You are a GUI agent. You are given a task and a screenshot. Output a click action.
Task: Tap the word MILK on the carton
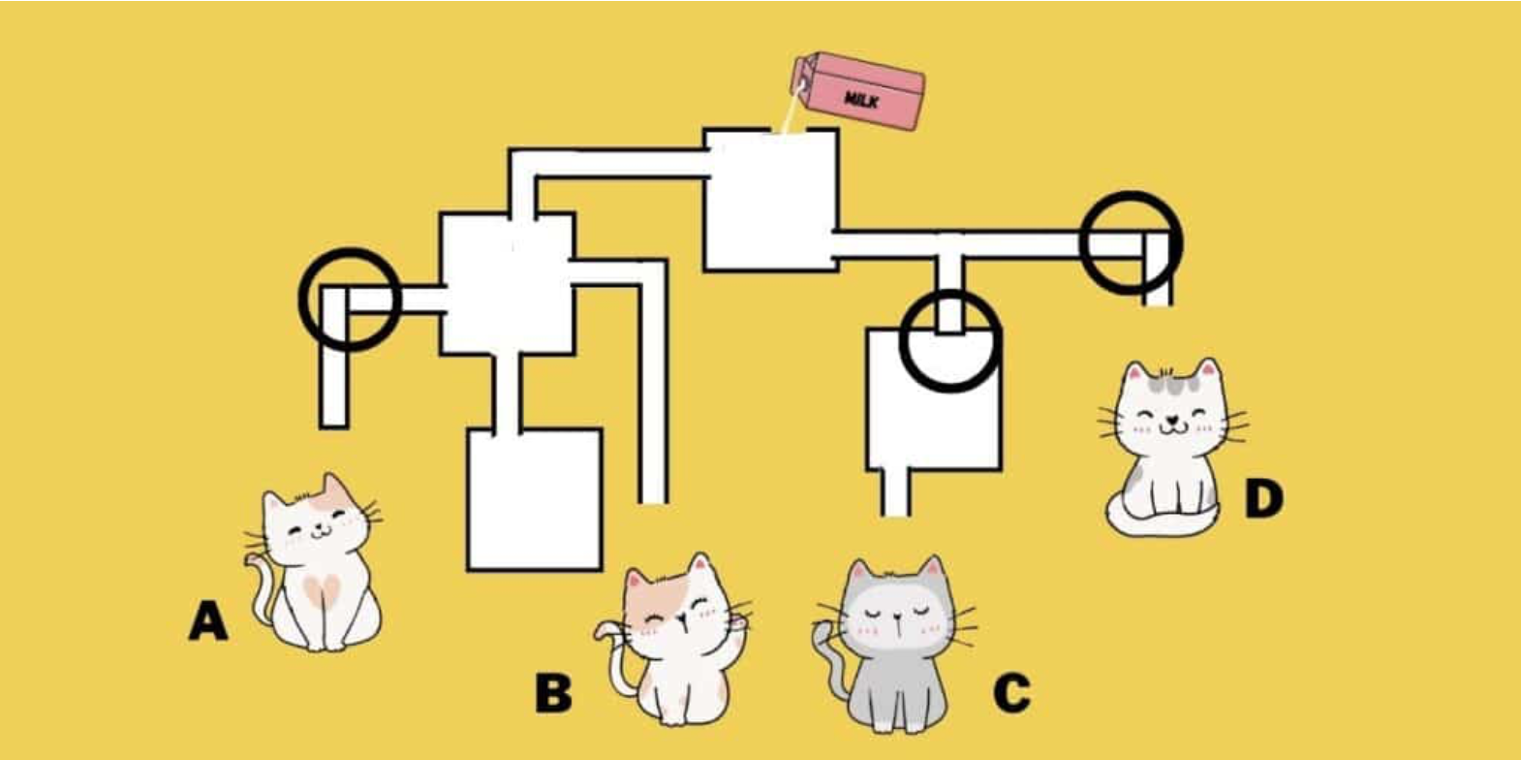point(861,99)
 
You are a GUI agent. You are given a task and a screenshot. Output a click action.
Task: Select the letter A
point(208,620)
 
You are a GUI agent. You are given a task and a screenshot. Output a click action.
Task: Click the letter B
point(553,693)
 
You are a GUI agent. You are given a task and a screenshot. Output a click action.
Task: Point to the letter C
point(1011,692)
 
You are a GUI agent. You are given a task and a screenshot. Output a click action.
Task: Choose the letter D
point(1263,499)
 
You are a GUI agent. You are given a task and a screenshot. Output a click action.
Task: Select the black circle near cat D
point(1131,242)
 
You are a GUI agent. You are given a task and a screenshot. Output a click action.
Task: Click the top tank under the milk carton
point(769,199)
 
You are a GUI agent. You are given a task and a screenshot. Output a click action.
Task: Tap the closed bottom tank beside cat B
point(535,499)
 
